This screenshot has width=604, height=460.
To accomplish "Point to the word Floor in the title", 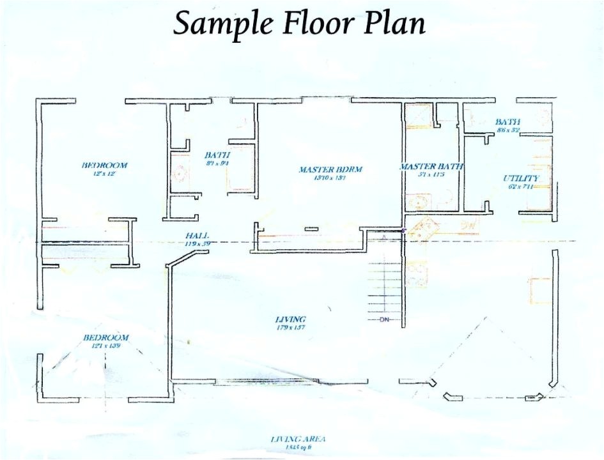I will (x=311, y=23).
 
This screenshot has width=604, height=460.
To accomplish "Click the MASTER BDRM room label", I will (x=330, y=169).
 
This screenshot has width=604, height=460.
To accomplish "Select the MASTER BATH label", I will (x=431, y=167).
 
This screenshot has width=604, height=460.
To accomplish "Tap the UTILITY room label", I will (x=521, y=178).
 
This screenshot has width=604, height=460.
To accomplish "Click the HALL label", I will (x=197, y=235).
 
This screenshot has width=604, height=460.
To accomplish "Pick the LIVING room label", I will (x=290, y=319).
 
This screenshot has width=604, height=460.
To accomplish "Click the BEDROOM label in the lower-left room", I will (x=105, y=337).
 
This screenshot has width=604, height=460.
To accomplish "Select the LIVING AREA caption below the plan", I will (x=298, y=439).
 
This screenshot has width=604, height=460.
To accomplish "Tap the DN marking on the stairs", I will (x=385, y=319).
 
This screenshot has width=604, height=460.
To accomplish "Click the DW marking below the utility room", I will (x=469, y=225).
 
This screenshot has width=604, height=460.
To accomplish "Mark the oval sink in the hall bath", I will (x=181, y=172).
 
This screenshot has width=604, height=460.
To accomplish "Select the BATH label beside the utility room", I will (x=507, y=121).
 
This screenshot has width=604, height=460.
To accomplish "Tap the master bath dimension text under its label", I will (x=431, y=174).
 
